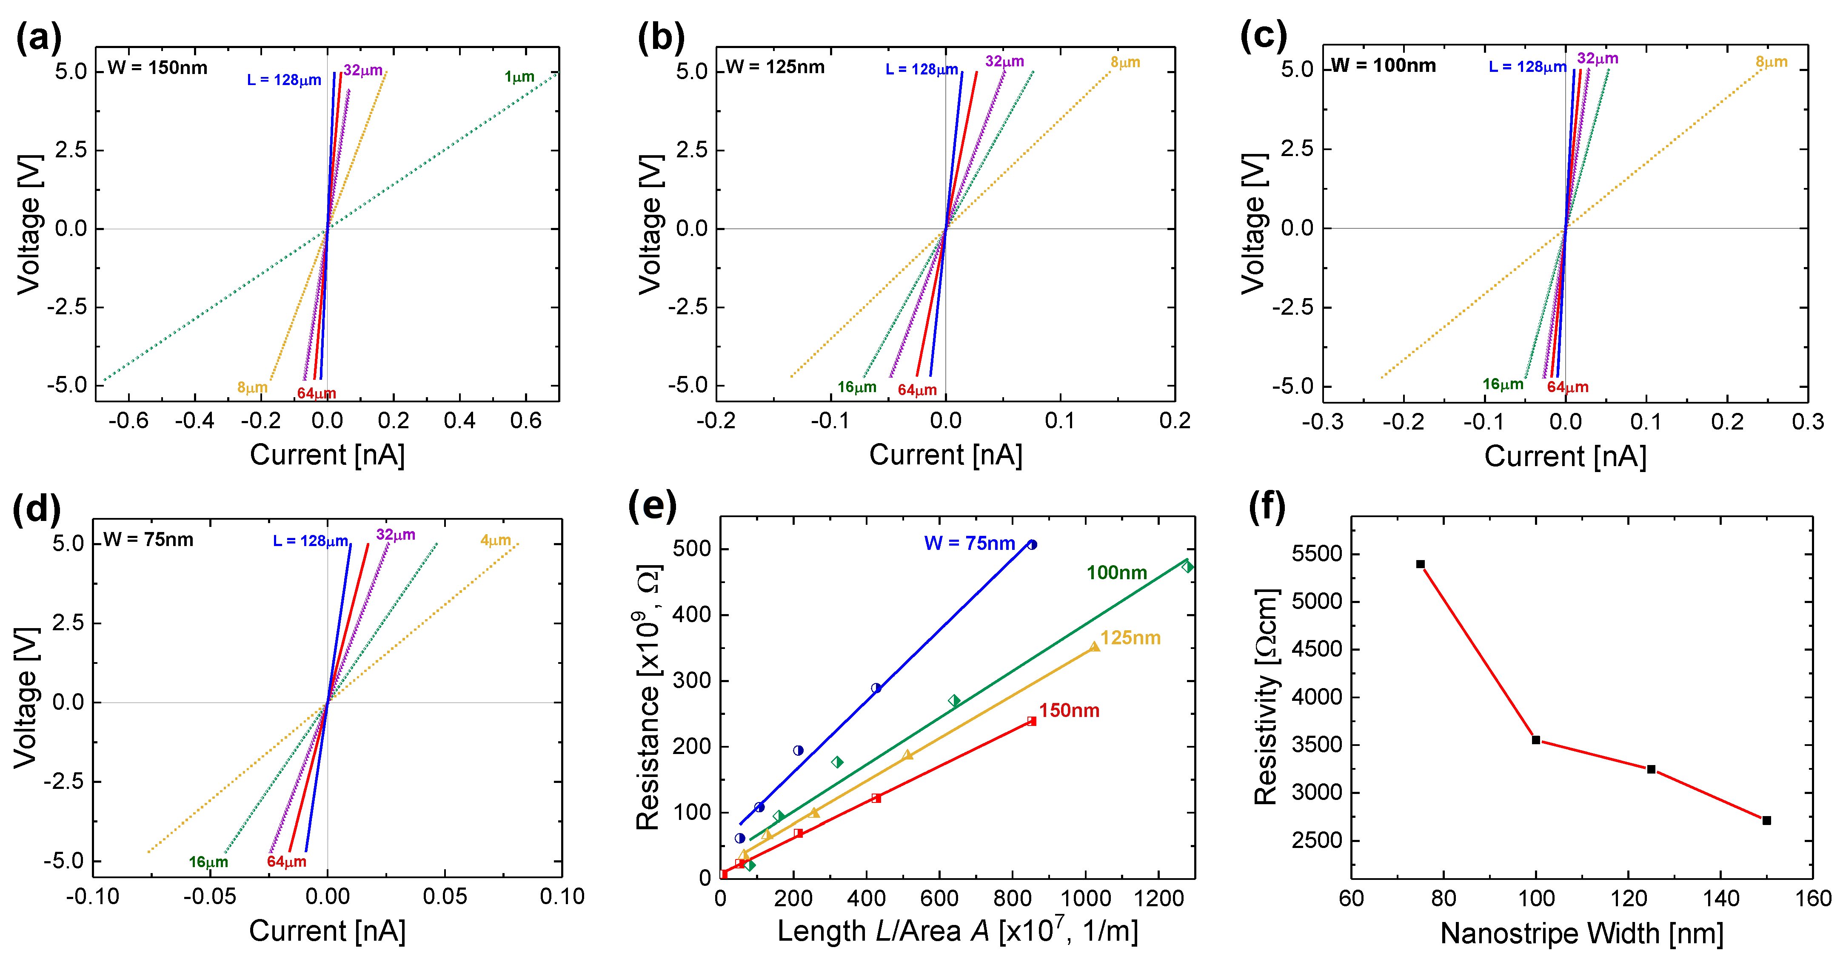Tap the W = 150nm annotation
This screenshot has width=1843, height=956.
pos(157,68)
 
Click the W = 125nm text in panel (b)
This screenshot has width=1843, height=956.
pos(775,67)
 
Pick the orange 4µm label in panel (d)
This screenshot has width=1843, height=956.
pos(495,540)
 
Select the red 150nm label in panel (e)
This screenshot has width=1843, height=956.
pos(1069,710)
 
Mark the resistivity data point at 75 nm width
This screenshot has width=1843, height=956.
pos(1420,564)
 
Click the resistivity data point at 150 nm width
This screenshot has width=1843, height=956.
pos(1766,820)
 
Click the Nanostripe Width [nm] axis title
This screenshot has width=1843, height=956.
pos(1581,933)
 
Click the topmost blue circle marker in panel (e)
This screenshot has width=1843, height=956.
pos(1032,545)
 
